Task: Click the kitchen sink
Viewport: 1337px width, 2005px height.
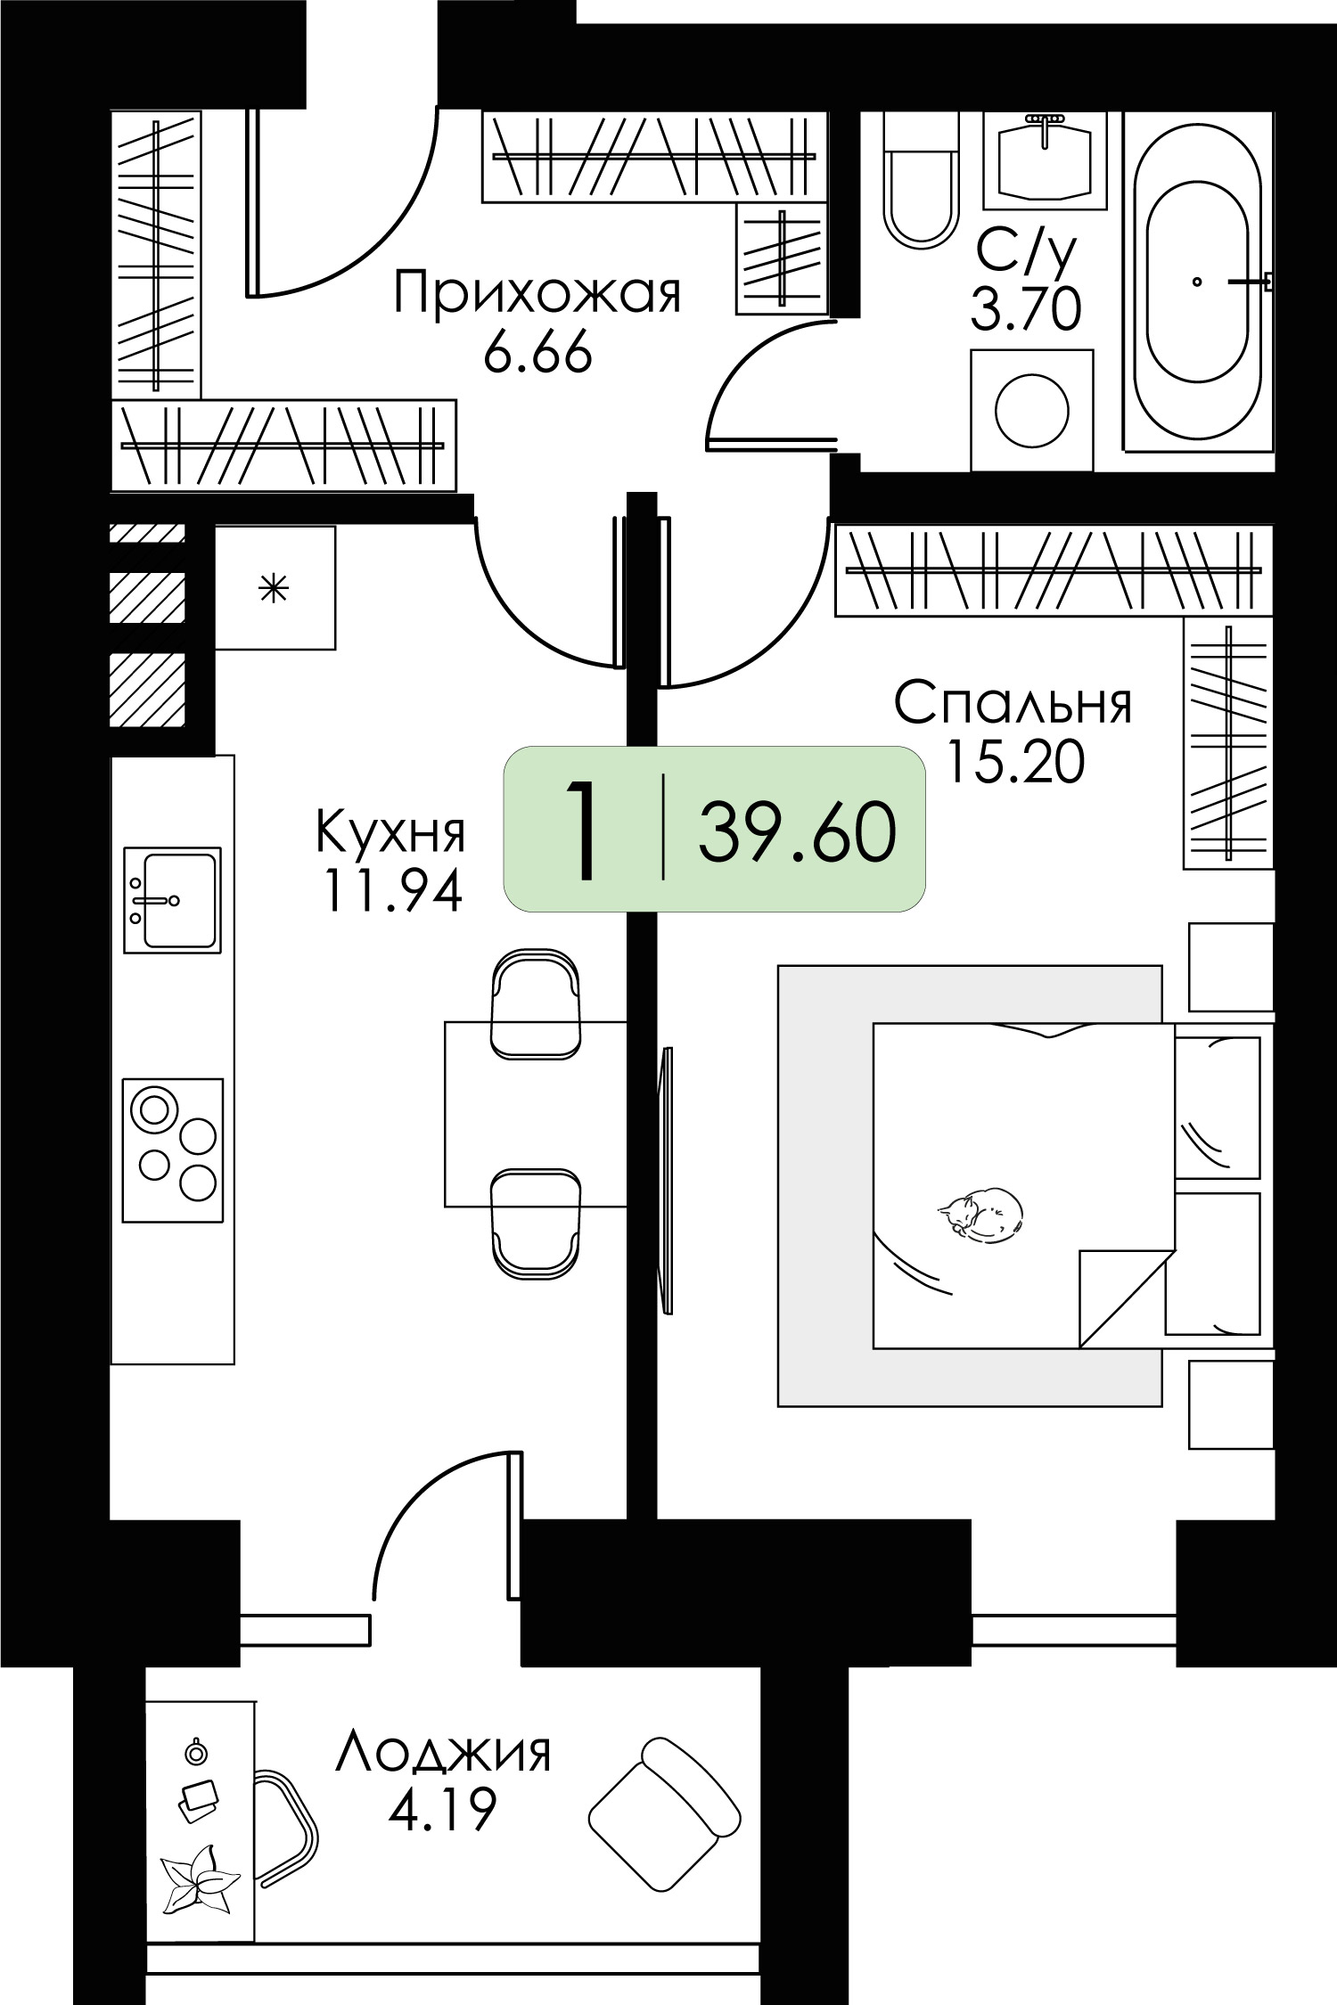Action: point(172,900)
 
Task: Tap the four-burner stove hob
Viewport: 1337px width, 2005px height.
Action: point(172,1150)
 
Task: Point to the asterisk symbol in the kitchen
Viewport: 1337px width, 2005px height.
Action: point(275,589)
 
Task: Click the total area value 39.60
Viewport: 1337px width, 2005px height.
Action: point(797,832)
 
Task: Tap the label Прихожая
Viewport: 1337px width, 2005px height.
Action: point(537,294)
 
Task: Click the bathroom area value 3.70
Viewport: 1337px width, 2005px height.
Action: point(1026,310)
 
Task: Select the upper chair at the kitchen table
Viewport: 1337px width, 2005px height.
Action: point(536,1003)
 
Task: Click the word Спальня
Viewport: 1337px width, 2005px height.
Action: point(1013,704)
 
